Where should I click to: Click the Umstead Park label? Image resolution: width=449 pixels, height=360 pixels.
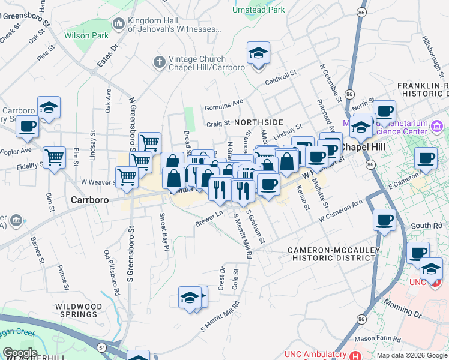(x=259, y=10)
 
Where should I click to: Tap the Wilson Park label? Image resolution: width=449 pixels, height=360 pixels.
(x=86, y=35)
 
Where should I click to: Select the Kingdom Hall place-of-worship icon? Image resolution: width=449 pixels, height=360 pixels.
(x=118, y=24)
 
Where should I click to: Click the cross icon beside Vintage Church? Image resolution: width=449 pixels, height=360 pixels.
(x=159, y=61)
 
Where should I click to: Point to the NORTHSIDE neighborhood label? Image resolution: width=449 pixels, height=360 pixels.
(x=258, y=122)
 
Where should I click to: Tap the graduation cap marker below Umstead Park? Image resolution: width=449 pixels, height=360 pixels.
(x=259, y=54)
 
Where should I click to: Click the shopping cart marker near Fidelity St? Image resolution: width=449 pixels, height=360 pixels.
(x=54, y=158)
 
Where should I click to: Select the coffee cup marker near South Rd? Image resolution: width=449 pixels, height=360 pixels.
(x=384, y=220)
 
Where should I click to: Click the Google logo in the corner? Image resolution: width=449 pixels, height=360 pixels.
(x=20, y=352)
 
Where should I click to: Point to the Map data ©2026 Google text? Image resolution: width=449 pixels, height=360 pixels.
(x=411, y=355)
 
